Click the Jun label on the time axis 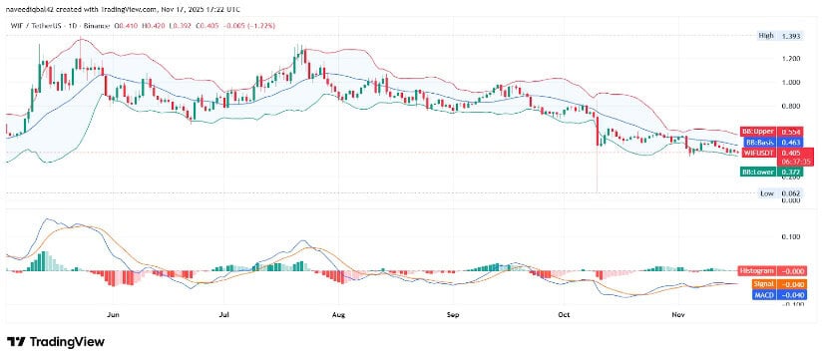pyautogui.click(x=113, y=314)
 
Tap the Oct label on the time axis pyautogui.click(x=564, y=314)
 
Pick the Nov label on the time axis pyautogui.click(x=677, y=314)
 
